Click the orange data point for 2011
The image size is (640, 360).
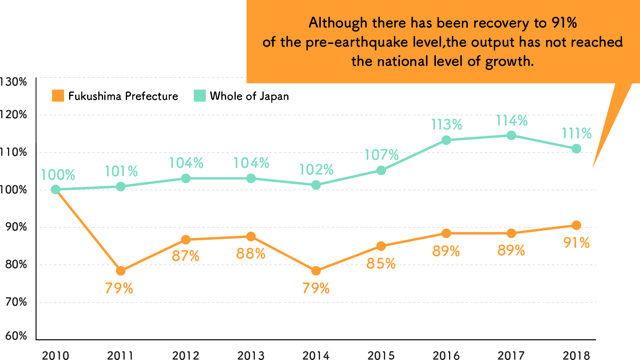121,271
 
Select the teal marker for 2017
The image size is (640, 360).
511,135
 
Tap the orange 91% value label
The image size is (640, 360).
576,243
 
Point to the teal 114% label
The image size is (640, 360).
512,121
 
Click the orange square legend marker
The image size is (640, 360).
58,96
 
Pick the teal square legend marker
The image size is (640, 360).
200,96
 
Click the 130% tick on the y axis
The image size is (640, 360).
14,82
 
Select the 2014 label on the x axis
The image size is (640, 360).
316,355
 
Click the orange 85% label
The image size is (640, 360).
381,264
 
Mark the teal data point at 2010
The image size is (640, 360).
56,189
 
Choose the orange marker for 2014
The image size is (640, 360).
316,271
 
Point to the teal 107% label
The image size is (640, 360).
382,155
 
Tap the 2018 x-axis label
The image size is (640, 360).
576,355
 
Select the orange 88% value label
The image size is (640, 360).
250,254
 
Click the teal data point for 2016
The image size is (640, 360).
446,140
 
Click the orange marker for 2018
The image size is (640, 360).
576,225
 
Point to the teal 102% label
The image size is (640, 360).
316,170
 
